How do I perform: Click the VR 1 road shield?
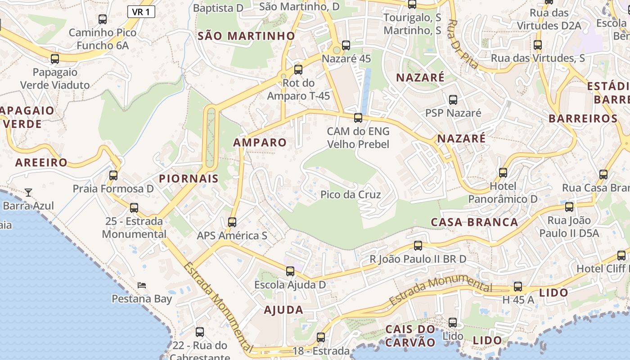(x=141, y=12)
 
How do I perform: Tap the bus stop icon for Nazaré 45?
(x=346, y=45)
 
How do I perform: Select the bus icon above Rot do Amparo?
(x=298, y=70)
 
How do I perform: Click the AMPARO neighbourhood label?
(x=260, y=143)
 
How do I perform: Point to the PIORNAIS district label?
(x=189, y=179)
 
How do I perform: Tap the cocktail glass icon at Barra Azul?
(x=28, y=193)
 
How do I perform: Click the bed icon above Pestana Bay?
(x=142, y=285)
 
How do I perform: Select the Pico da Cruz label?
(x=351, y=195)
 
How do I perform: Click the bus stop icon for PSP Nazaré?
(x=453, y=100)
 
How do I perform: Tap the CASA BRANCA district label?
(x=474, y=222)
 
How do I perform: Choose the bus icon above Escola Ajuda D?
(x=290, y=271)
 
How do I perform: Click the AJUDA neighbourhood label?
(x=283, y=310)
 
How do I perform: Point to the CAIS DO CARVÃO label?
(x=410, y=336)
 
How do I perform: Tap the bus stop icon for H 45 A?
(x=518, y=287)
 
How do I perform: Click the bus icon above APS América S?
(x=232, y=222)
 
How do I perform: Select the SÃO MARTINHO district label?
(x=246, y=36)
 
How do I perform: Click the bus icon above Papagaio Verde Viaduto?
(x=55, y=59)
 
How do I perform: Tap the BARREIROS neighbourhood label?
(x=583, y=119)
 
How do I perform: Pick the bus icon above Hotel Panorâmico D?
(x=503, y=173)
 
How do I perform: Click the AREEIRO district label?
(x=41, y=162)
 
